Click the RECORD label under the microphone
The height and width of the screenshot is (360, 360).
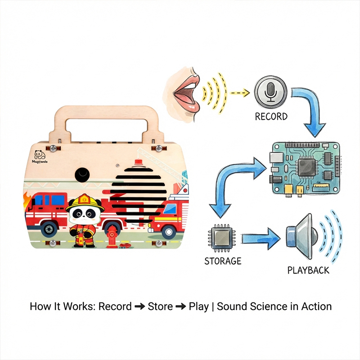(x=271, y=117)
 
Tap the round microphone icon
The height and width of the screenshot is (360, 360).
(x=270, y=92)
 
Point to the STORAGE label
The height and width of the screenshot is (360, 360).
(x=223, y=261)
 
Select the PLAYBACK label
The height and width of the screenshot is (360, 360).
(x=308, y=270)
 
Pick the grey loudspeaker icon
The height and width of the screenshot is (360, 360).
(x=301, y=236)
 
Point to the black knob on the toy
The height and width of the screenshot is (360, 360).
(x=82, y=175)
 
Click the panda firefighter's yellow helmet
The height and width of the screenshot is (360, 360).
(x=84, y=201)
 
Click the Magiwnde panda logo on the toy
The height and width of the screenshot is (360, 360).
(x=41, y=155)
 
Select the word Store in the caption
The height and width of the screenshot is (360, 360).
(x=160, y=306)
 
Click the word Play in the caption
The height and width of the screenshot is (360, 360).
(x=198, y=306)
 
